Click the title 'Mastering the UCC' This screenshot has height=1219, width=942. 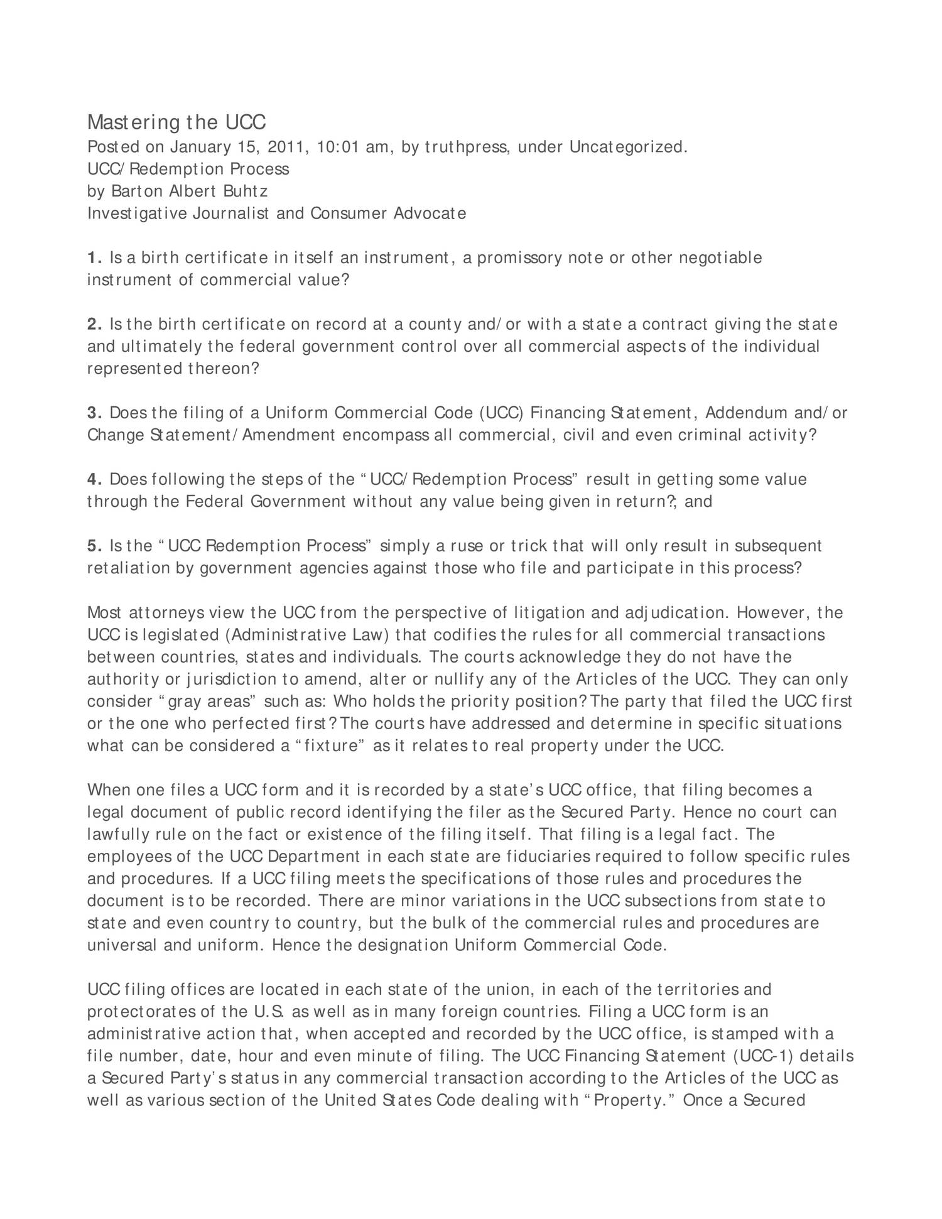coord(176,122)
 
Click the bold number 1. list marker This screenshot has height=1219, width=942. coord(94,258)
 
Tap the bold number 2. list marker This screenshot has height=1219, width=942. coord(94,325)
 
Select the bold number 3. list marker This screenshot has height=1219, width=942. coord(94,413)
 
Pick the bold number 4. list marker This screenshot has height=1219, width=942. coord(94,480)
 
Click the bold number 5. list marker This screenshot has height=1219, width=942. coord(94,546)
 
